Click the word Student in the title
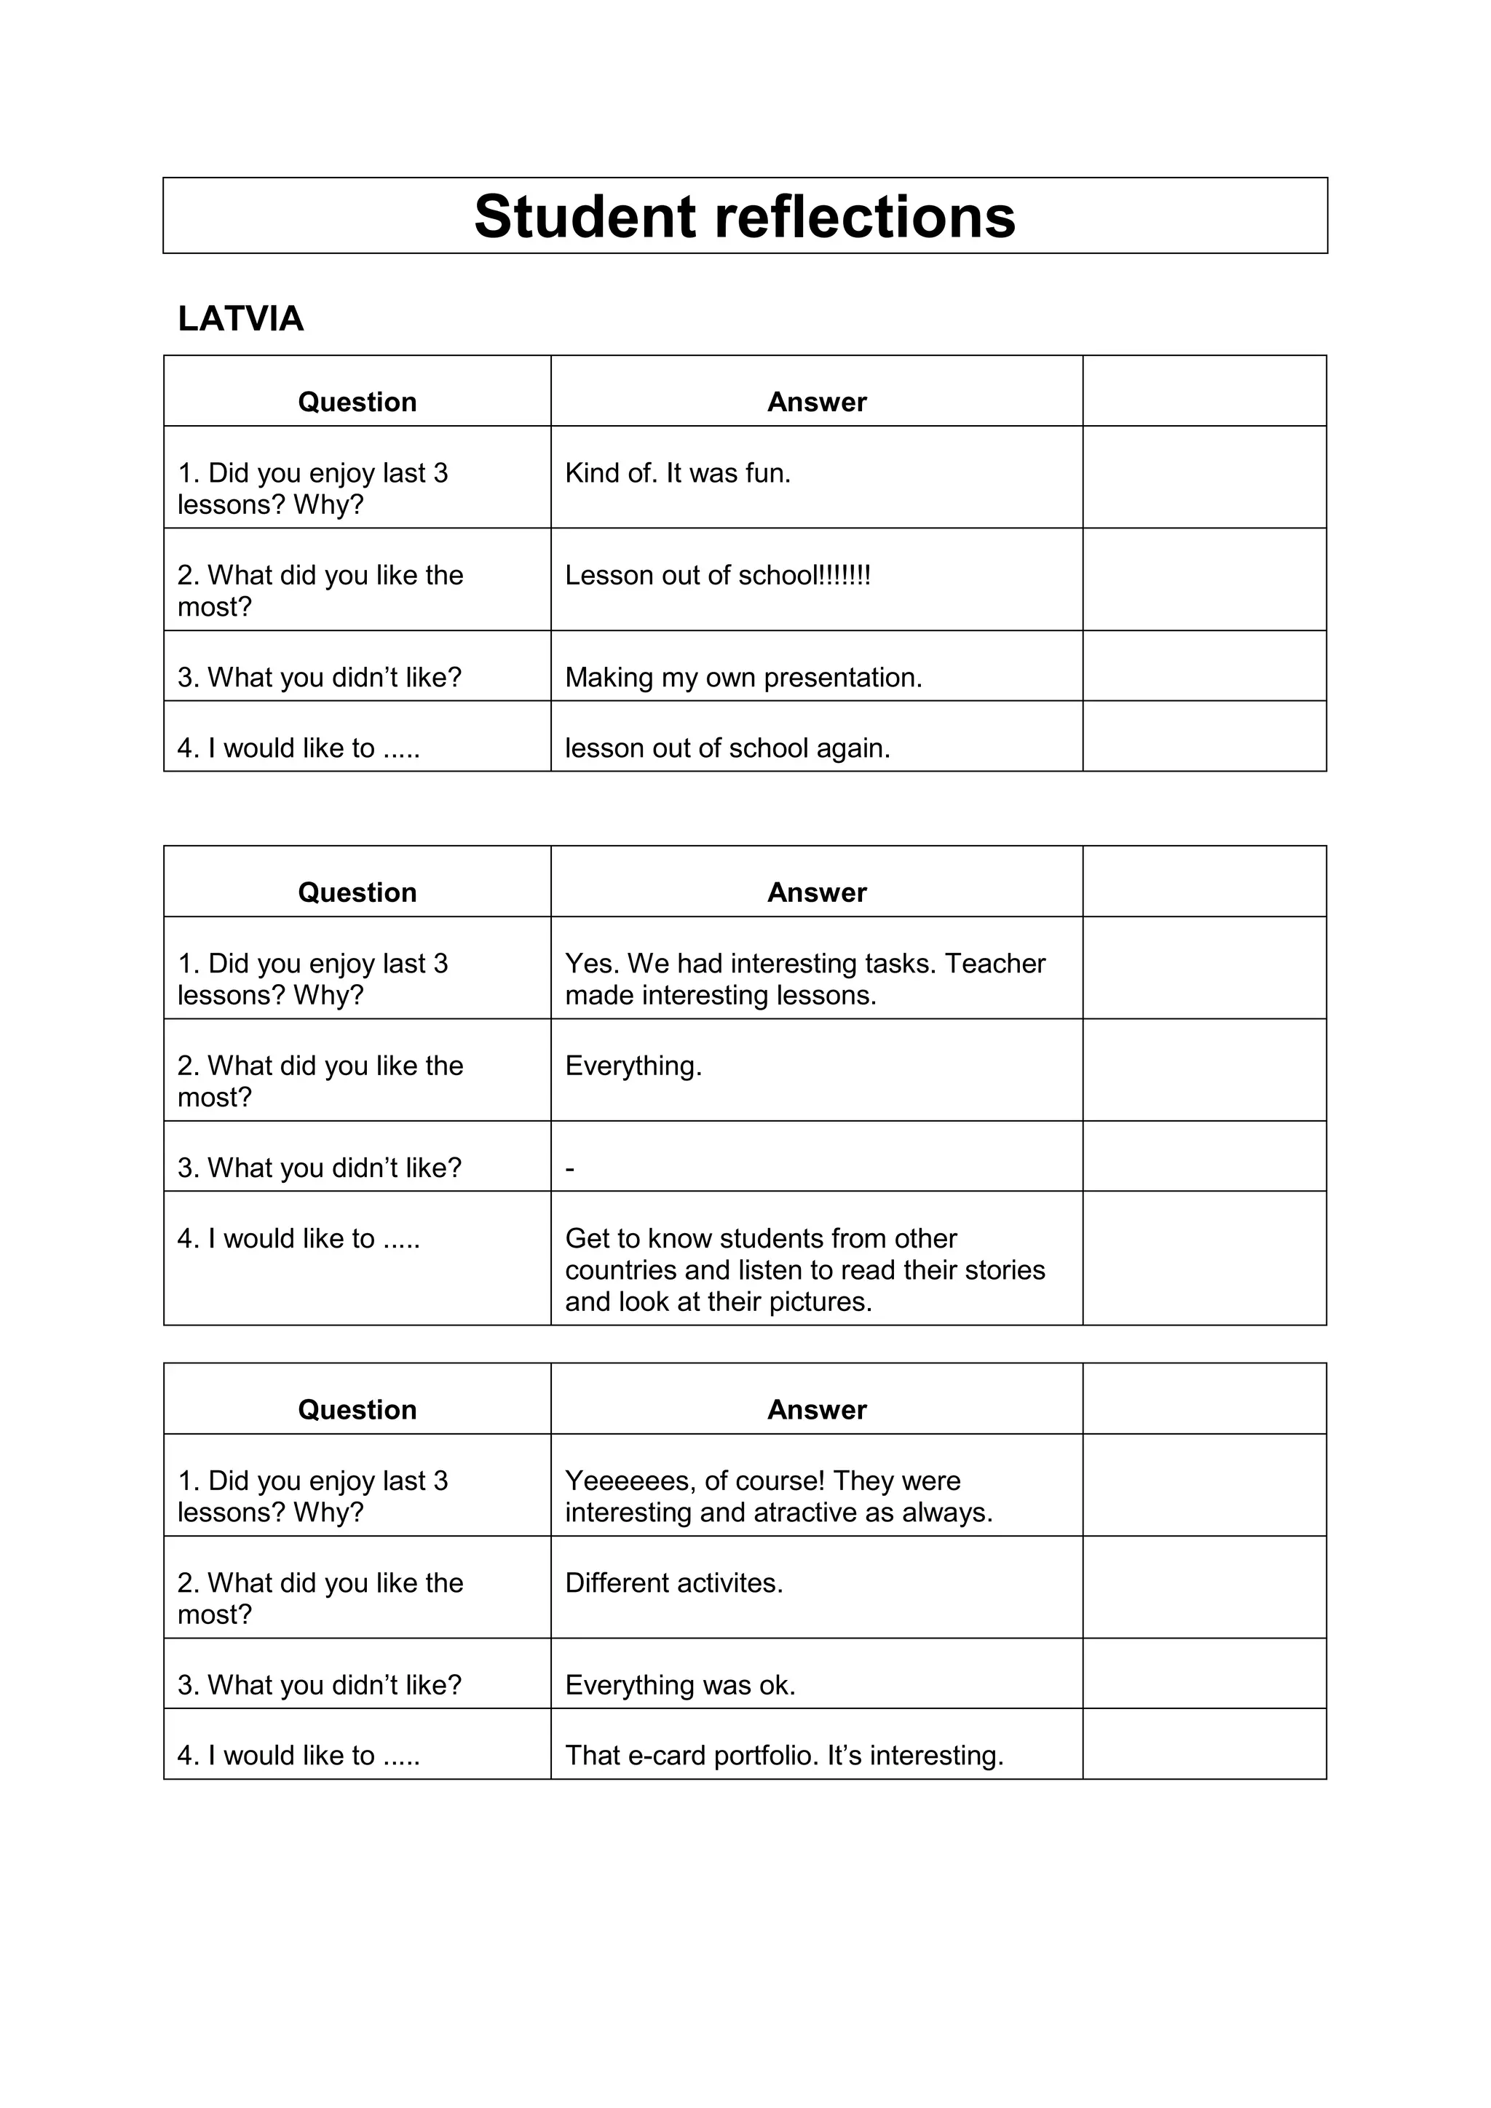click(585, 217)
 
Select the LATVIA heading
click(240, 319)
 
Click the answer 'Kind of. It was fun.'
click(678, 473)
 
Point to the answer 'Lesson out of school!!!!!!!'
click(717, 575)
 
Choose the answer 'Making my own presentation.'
click(743, 678)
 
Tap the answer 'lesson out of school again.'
click(727, 748)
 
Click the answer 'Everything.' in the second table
click(633, 1065)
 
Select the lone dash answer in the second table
click(570, 1169)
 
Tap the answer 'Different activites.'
click(674, 1583)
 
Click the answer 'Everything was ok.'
click(680, 1685)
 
